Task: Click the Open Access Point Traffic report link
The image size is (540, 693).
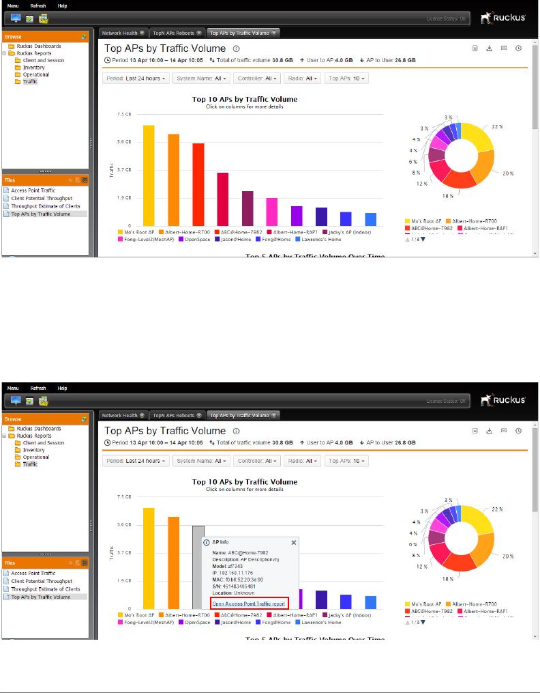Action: pos(249,604)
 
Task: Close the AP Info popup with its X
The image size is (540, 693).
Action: pos(294,542)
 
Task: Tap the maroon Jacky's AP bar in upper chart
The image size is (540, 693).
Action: pos(247,208)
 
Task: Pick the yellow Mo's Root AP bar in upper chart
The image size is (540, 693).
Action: pos(149,175)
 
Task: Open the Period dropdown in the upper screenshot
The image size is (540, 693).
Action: pos(136,79)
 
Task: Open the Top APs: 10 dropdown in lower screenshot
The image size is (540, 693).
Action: pos(347,461)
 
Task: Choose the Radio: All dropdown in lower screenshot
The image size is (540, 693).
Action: pos(302,461)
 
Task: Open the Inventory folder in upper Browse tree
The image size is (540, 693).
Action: pos(33,68)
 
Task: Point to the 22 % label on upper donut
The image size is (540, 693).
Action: pos(497,127)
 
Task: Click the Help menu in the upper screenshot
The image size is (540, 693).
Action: pos(62,5)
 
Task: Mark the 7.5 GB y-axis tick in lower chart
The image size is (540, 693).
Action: pos(123,496)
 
